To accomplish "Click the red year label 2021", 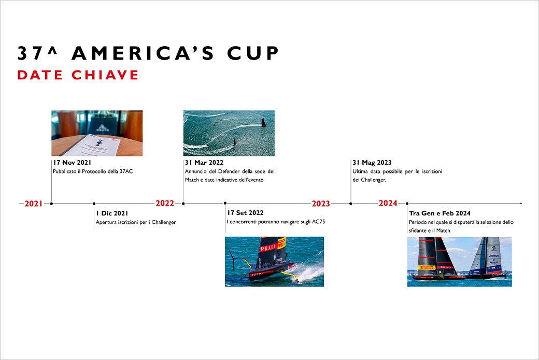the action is click(33, 204).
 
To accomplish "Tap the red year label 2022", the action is click(165, 203).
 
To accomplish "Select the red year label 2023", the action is click(321, 204).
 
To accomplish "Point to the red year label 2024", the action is click(388, 203).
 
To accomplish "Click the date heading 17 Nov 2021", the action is click(72, 163).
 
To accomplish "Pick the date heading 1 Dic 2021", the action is click(112, 213).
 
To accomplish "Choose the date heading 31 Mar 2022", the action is click(204, 163).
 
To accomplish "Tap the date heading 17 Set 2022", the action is click(246, 213).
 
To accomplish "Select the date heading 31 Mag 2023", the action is click(372, 163).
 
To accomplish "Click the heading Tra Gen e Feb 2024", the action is click(439, 213).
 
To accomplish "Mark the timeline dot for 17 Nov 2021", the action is click(51, 204).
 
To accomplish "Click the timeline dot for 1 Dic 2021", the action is click(94, 204).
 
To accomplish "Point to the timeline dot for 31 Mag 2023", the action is click(351, 204).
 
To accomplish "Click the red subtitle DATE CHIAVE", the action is click(78, 75).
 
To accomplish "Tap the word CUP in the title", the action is click(253, 53).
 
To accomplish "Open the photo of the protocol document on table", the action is click(97, 133).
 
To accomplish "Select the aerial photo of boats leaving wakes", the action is click(229, 133).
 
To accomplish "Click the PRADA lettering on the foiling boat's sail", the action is click(268, 247).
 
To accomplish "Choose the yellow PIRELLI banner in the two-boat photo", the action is click(427, 267).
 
